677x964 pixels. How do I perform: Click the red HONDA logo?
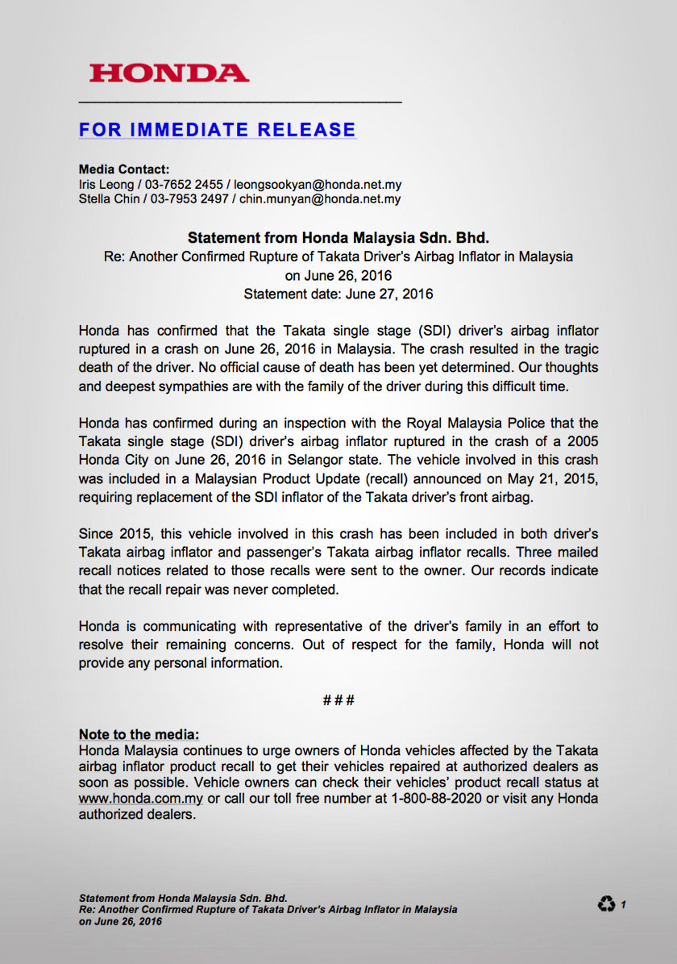(x=168, y=73)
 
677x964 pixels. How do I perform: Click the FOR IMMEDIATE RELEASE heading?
(x=217, y=130)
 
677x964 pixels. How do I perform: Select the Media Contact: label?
(x=123, y=169)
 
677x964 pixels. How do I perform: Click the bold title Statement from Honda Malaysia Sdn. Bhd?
(x=338, y=238)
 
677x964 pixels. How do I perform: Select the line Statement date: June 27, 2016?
(x=338, y=294)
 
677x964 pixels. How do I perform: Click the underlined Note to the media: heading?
(x=139, y=734)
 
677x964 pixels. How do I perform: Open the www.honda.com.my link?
(x=140, y=799)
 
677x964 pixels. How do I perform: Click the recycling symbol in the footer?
(x=606, y=904)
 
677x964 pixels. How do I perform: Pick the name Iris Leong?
(x=106, y=185)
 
